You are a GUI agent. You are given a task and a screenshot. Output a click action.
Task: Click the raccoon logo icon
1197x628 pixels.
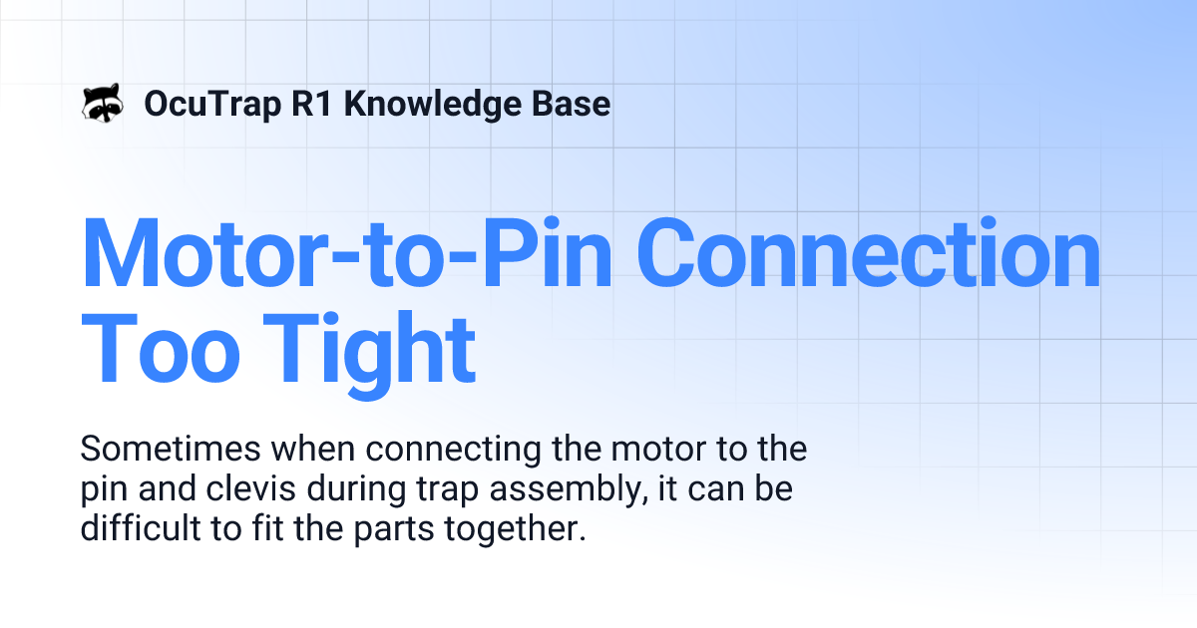[x=102, y=103]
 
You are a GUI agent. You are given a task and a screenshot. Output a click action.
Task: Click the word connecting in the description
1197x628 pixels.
[x=438, y=450]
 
